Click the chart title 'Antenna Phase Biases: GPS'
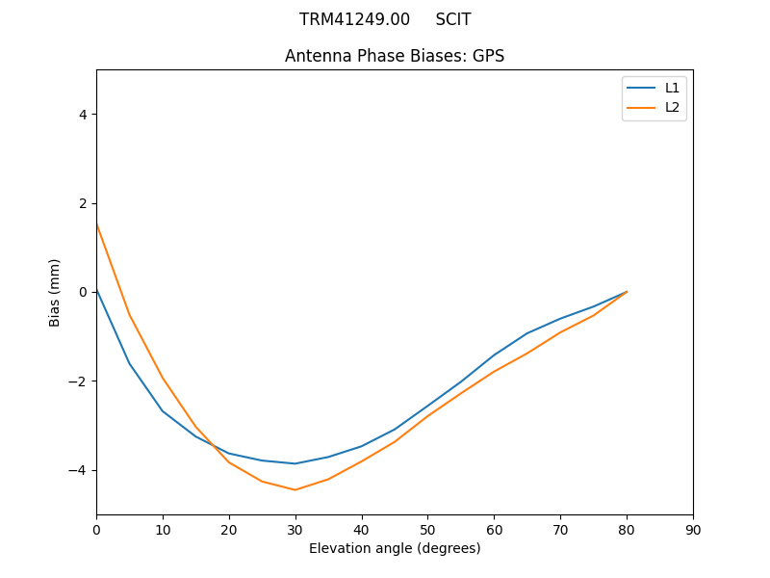point(395,56)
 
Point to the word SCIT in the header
point(453,19)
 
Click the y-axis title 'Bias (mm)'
point(55,292)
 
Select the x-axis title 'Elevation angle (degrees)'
point(395,548)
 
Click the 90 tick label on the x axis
point(693,529)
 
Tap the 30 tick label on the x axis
point(295,529)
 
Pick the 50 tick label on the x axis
point(427,529)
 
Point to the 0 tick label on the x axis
point(96,529)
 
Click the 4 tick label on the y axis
point(83,114)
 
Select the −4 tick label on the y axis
point(79,470)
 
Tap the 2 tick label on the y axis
point(83,203)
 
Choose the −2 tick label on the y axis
point(79,381)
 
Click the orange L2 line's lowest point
point(295,489)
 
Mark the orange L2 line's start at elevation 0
point(96,223)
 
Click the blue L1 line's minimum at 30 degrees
point(295,463)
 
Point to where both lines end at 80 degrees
point(627,292)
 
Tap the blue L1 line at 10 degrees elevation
point(163,411)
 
